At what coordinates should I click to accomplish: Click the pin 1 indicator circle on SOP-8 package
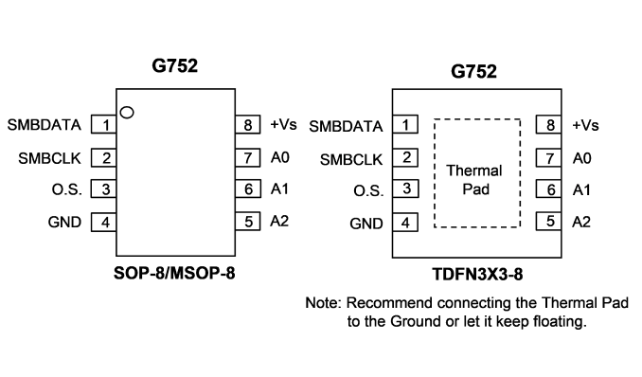pos(127,113)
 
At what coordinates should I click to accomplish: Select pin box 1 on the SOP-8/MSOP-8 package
pos(103,125)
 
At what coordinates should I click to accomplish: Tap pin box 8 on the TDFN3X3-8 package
pos(548,125)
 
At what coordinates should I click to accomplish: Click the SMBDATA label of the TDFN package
pos(346,127)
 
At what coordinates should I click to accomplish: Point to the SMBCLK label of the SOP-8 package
pos(49,158)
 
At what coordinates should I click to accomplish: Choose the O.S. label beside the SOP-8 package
pos(66,189)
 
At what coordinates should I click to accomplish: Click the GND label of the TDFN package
pos(366,224)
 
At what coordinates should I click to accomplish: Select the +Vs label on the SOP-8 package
pos(283,124)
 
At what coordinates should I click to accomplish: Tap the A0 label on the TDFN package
pos(581,158)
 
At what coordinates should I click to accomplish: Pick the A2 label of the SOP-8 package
pos(279,222)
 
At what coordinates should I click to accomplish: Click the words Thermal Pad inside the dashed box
pos(474,180)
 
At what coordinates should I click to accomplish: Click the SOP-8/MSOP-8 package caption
pos(174,273)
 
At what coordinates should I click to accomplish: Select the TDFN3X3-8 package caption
pos(477,274)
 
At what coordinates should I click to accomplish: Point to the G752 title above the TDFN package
pos(473,71)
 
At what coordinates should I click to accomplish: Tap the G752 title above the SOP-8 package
pos(175,65)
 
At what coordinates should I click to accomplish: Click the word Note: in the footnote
pos(323,303)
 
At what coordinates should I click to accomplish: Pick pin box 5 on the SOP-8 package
pos(248,222)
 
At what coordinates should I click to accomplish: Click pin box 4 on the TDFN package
pos(405,223)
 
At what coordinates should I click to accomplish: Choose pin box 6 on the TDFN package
pos(548,189)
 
